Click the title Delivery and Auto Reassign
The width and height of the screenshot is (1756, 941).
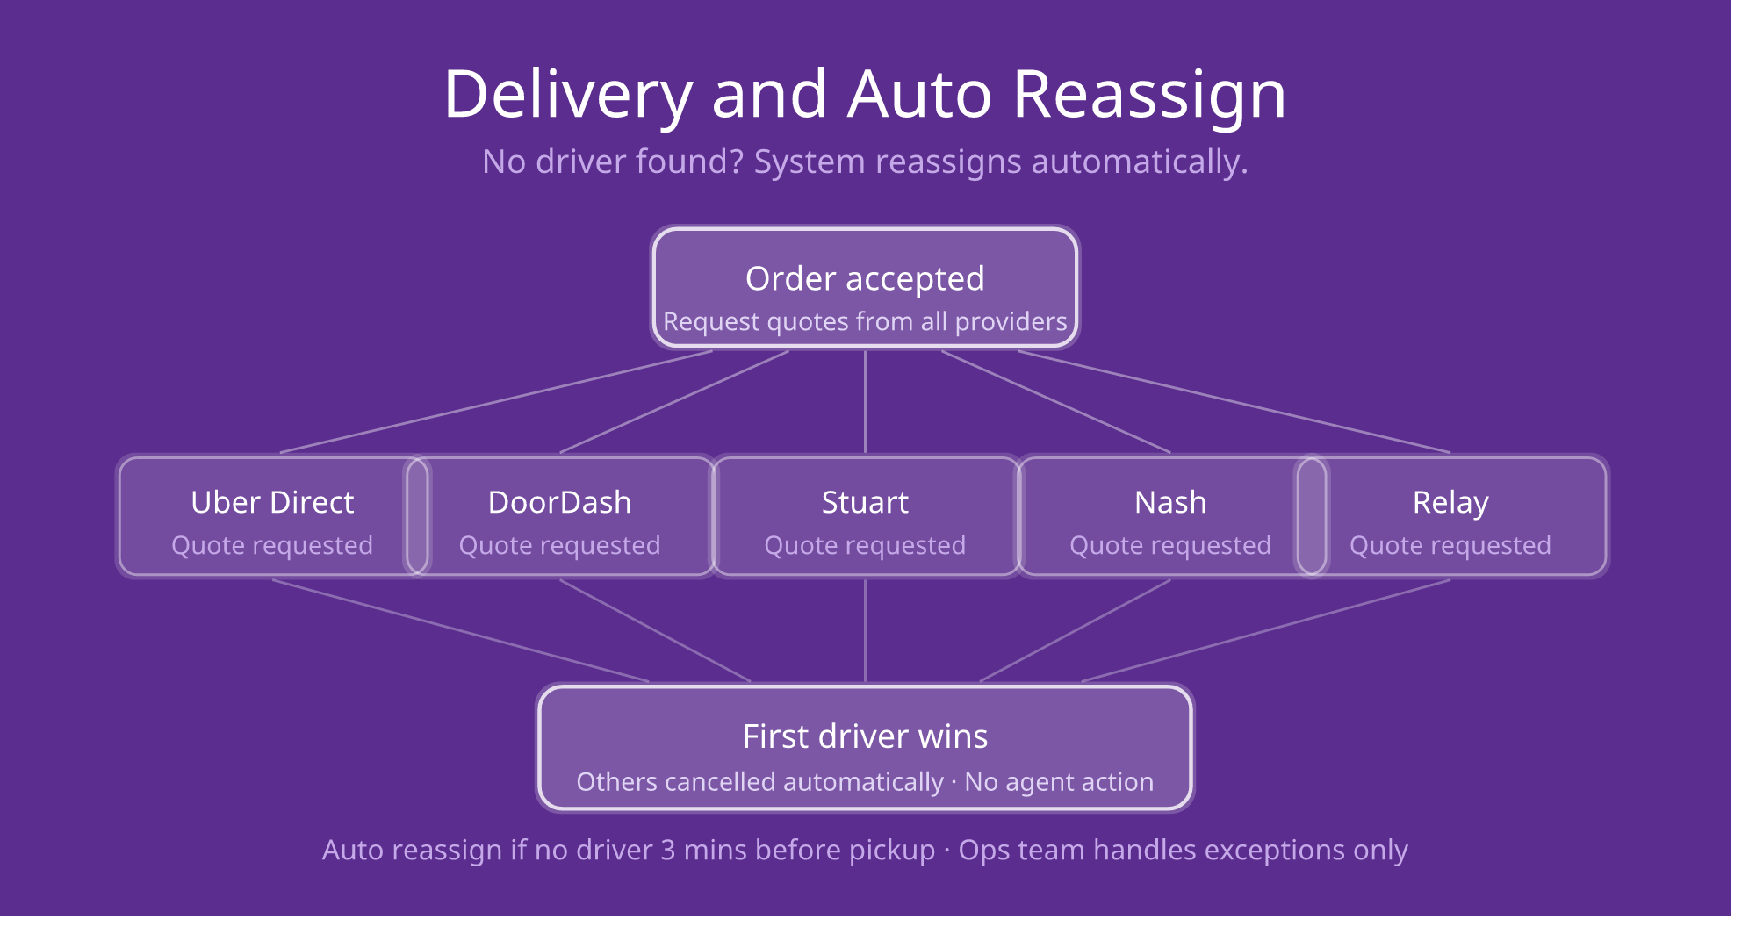click(x=865, y=95)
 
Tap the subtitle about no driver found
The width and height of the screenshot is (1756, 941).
click(x=865, y=162)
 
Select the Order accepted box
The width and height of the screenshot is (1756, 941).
click(x=865, y=288)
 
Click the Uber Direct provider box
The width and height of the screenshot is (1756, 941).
click(x=273, y=516)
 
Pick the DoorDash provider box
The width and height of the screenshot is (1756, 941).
click(x=560, y=516)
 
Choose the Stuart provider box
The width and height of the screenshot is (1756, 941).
click(x=865, y=516)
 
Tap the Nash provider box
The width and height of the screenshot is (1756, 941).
click(x=1170, y=516)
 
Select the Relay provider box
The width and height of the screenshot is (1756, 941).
click(x=1451, y=516)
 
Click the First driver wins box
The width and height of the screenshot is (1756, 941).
click(x=865, y=748)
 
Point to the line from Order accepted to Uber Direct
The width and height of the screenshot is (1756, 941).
click(x=496, y=402)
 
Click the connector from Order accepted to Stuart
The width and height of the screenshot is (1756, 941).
click(x=865, y=402)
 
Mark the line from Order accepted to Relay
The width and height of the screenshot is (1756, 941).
click(x=1234, y=402)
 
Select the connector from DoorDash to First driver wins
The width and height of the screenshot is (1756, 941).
click(x=656, y=630)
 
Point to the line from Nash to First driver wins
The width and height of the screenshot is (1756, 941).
click(x=1075, y=630)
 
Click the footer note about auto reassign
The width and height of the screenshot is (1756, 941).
click(x=865, y=851)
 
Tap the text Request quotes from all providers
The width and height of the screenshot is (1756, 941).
click(x=865, y=322)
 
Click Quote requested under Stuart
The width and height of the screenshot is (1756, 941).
click(x=865, y=546)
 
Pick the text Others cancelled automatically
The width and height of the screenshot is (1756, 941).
click(x=759, y=782)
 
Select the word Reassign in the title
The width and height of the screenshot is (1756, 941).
click(x=1149, y=95)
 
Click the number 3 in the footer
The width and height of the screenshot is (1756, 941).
click(x=668, y=851)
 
